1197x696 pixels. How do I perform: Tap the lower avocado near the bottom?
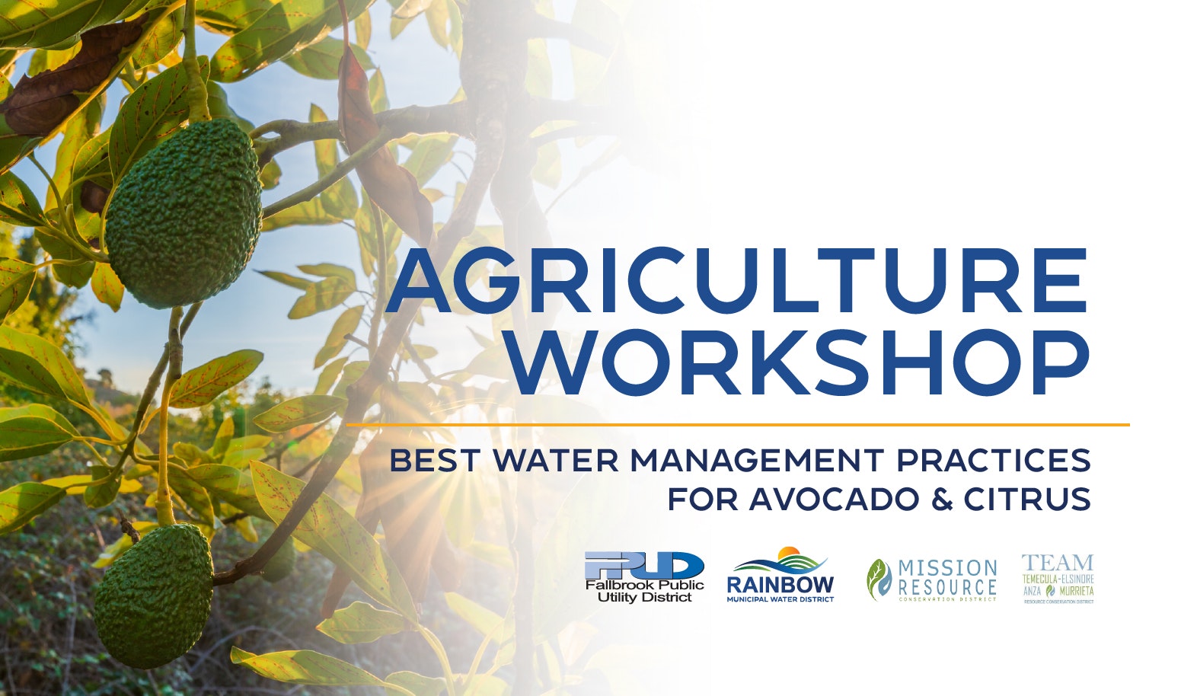pos(155,595)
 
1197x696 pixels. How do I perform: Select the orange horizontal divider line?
pos(737,424)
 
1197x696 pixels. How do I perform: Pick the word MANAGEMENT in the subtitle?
pos(757,461)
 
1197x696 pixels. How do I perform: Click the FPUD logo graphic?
pos(644,566)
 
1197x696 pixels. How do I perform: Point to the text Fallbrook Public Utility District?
pos(644,591)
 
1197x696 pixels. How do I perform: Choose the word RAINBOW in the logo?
pos(780,585)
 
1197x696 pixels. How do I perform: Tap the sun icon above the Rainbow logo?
pos(787,553)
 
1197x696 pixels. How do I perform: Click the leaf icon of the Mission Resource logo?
pos(879,579)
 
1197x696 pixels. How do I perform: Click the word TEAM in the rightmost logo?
pos(1057,564)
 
